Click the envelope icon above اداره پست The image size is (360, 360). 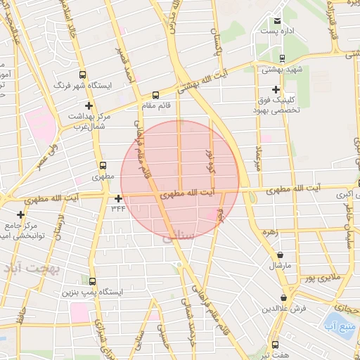point(277,22)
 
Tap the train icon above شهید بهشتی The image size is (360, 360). point(282,59)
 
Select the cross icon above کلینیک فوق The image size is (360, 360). point(276,89)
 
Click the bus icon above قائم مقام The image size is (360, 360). point(155,95)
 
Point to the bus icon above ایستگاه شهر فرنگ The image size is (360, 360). point(83,74)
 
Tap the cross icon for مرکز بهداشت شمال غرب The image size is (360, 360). point(87,105)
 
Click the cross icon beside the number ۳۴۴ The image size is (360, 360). point(118,198)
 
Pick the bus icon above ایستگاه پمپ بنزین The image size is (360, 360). point(91,281)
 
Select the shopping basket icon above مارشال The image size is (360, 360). point(281,255)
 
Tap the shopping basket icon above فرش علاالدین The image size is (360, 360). point(283,297)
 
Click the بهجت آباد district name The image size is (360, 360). point(32,269)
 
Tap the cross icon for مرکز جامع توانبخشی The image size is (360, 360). point(20,214)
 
